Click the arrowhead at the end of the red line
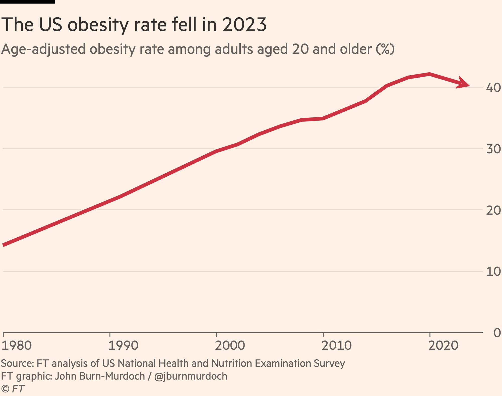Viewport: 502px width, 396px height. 464,83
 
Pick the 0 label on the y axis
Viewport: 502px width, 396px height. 497,333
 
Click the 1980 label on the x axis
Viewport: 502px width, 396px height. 17,346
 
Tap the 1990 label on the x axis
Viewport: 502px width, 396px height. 123,346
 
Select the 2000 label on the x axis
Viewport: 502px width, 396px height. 230,346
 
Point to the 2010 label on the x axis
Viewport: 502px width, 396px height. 336,346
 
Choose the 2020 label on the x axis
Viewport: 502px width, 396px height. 443,346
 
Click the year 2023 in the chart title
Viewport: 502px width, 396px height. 244,25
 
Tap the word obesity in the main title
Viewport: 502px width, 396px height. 98,25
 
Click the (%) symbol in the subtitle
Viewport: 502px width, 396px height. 385,49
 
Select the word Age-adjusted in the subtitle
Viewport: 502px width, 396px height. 43,49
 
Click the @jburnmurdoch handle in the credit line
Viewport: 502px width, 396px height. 191,376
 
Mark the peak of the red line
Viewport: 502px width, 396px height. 429,74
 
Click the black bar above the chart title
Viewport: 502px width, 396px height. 27,2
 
